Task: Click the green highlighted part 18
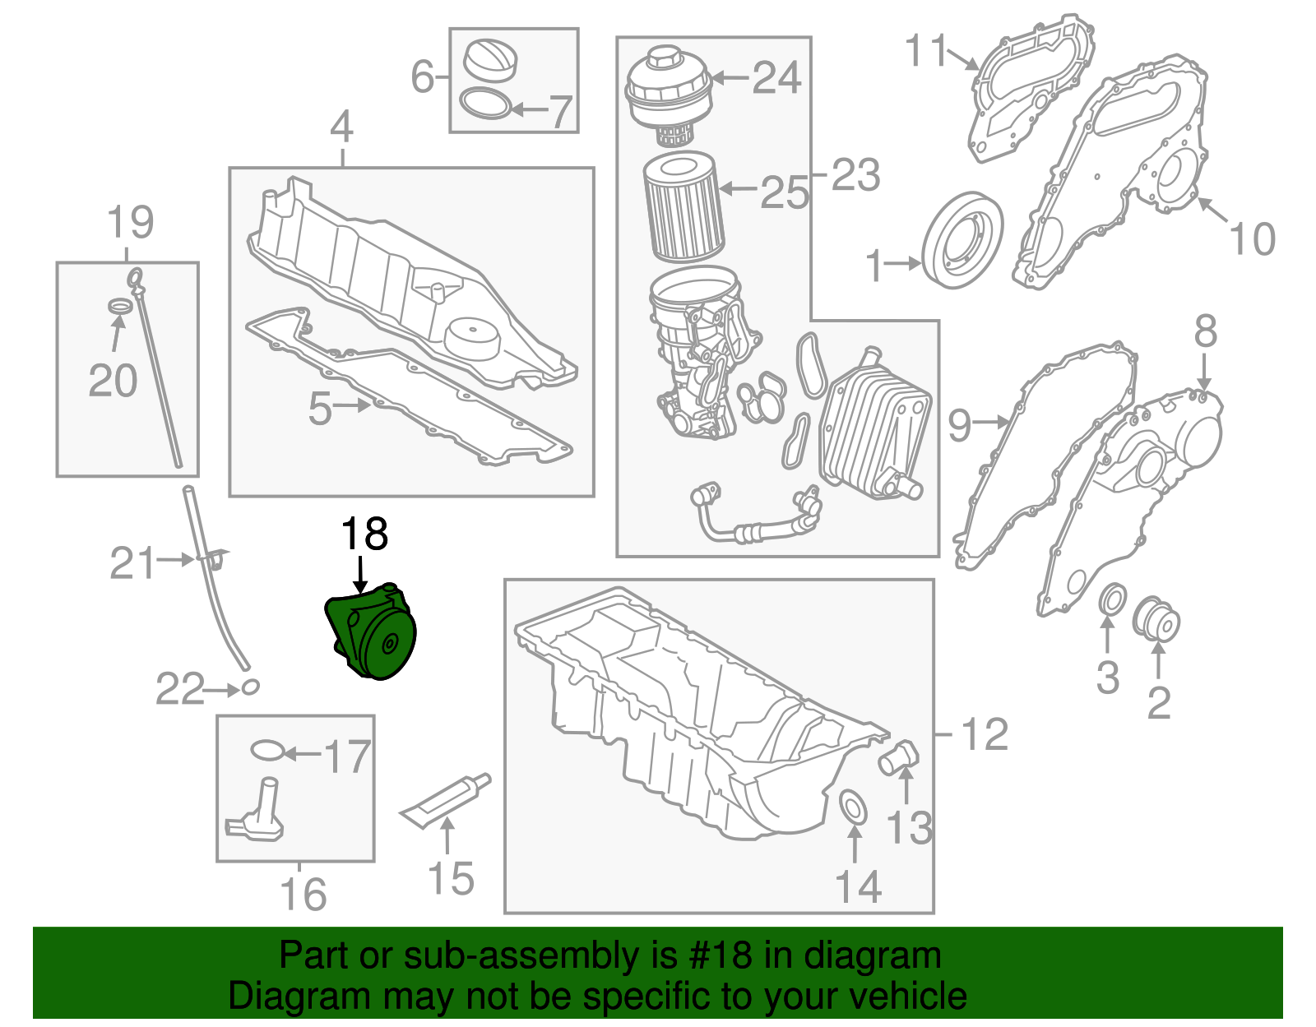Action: (x=374, y=634)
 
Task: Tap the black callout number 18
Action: (x=364, y=534)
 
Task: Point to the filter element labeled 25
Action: (x=682, y=209)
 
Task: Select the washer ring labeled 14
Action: (x=852, y=807)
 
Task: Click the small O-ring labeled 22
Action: (x=250, y=687)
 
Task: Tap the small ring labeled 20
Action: (x=121, y=307)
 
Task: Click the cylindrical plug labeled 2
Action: (x=1156, y=621)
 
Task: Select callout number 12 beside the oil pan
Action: (x=984, y=733)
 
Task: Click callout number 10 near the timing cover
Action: (x=1252, y=238)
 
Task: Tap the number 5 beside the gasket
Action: (x=320, y=408)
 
